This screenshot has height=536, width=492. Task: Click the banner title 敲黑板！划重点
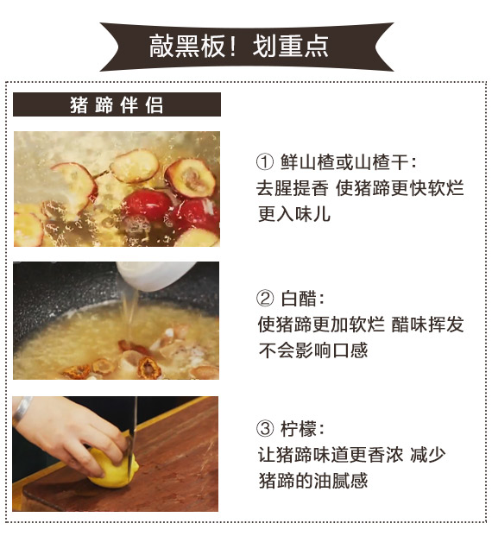click(238, 46)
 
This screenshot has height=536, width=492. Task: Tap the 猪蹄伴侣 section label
click(117, 104)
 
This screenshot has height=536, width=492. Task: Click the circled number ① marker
click(265, 161)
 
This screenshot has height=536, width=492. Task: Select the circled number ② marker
click(265, 298)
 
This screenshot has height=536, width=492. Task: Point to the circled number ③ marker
click(265, 428)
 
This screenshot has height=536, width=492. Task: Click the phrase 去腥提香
click(293, 188)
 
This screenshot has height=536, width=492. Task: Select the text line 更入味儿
click(294, 214)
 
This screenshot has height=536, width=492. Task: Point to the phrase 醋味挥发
click(427, 324)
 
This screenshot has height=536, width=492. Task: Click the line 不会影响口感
click(312, 350)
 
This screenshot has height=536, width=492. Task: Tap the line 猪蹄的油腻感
click(312, 480)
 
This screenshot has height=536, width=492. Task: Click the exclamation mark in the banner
click(233, 46)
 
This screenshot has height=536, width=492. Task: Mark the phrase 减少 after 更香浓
click(428, 454)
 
